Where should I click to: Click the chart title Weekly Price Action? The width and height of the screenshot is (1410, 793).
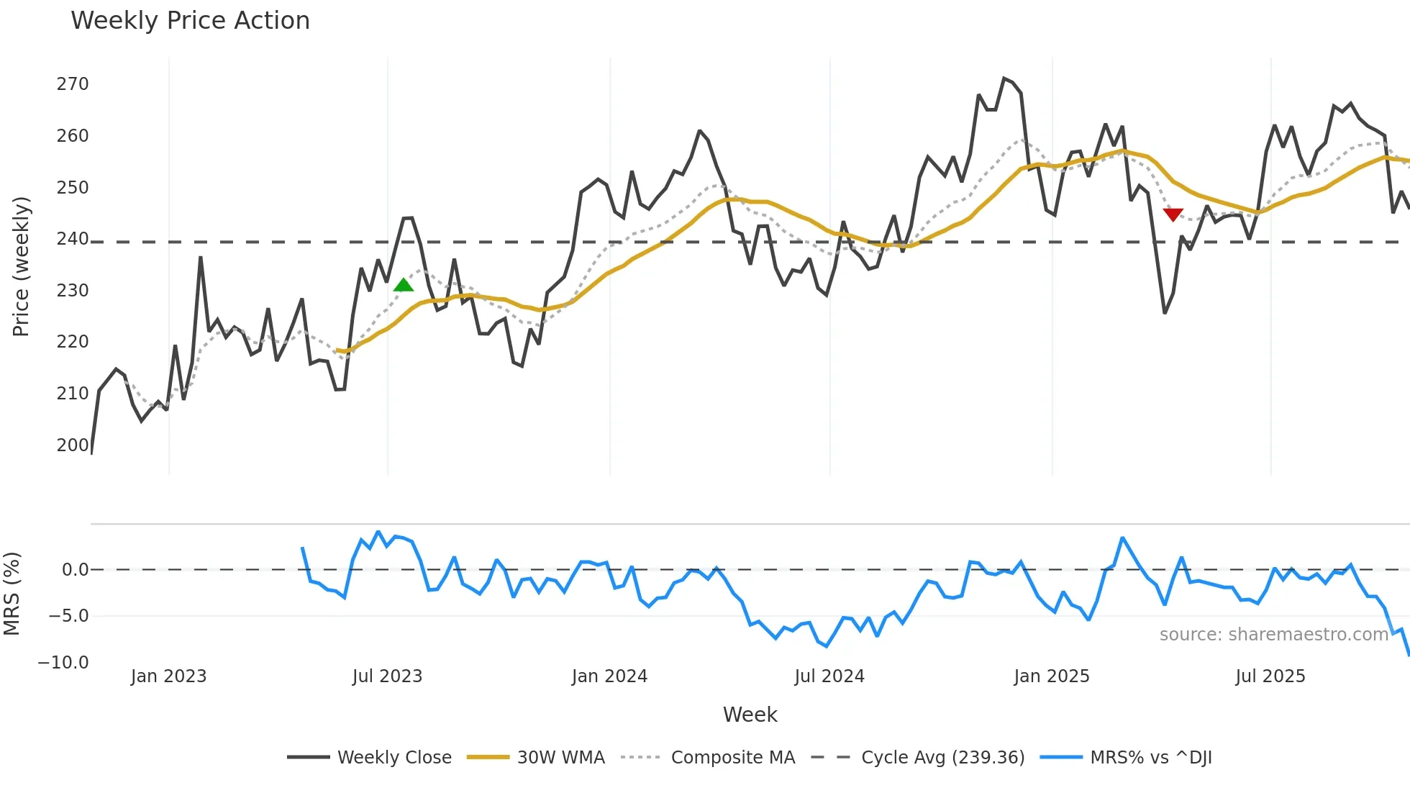pyautogui.click(x=190, y=21)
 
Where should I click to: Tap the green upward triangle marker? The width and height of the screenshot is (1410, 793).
pyautogui.click(x=404, y=285)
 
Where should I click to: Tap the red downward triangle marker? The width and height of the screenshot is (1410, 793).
pyautogui.click(x=1173, y=214)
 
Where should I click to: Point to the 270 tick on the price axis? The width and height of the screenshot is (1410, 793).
pyautogui.click(x=73, y=84)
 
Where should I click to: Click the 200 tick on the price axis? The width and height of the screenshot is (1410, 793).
pyautogui.click(x=73, y=445)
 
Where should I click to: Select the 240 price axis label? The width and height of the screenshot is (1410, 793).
pyautogui.click(x=73, y=239)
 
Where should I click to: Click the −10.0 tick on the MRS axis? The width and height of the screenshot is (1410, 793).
pyautogui.click(x=63, y=663)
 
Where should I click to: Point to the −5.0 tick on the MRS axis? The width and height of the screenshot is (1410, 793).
pyautogui.click(x=68, y=616)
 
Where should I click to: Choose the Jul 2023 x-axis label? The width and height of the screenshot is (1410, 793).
pyautogui.click(x=387, y=676)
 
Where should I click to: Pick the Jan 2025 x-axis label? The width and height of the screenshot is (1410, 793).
pyautogui.click(x=1051, y=676)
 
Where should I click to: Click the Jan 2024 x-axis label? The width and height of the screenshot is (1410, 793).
pyautogui.click(x=609, y=676)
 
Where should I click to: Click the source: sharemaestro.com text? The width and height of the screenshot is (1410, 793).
pyautogui.click(x=1273, y=635)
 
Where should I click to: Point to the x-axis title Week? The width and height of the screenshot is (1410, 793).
pyautogui.click(x=750, y=715)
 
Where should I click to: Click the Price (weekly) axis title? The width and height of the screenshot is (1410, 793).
pyautogui.click(x=21, y=266)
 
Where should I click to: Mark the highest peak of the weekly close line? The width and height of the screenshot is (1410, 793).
pyautogui.click(x=1004, y=78)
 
